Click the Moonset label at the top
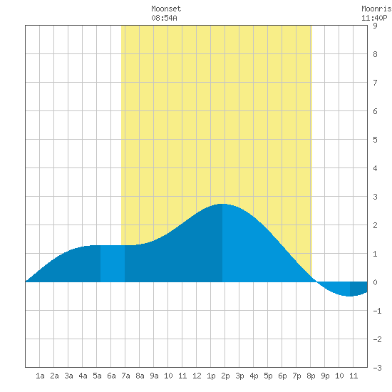[166, 9]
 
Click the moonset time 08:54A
[164, 18]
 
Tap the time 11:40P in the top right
[374, 18]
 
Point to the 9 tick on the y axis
[375, 26]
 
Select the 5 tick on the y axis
[375, 140]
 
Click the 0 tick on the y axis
[375, 282]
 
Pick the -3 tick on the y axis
[377, 368]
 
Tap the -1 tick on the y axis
[377, 311]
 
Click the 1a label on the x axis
[40, 376]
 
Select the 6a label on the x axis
[111, 376]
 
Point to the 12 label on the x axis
[197, 376]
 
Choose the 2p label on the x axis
[225, 376]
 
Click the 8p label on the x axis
[311, 376]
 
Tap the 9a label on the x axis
[154, 376]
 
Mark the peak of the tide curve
[222, 204]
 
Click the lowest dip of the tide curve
[350, 296]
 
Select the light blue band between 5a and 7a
[113, 264]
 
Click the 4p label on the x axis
[254, 376]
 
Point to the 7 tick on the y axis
[375, 83]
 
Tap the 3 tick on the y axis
[375, 197]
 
